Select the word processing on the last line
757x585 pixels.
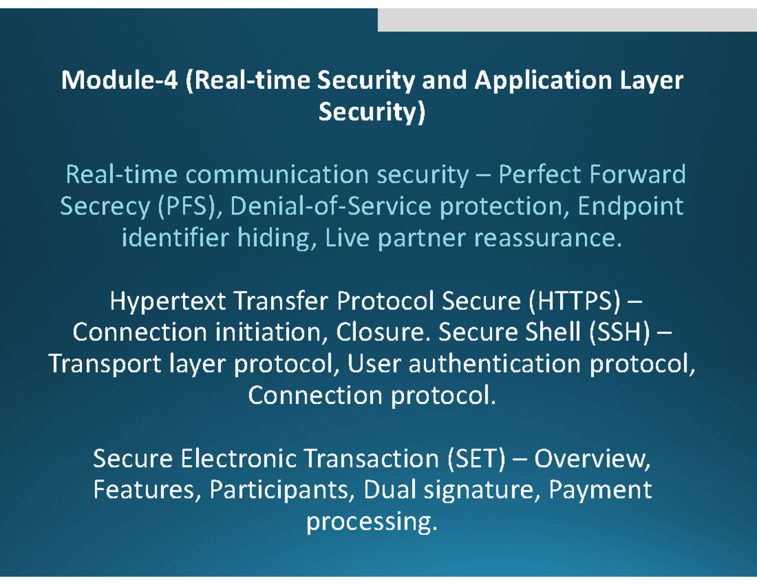tap(370, 522)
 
